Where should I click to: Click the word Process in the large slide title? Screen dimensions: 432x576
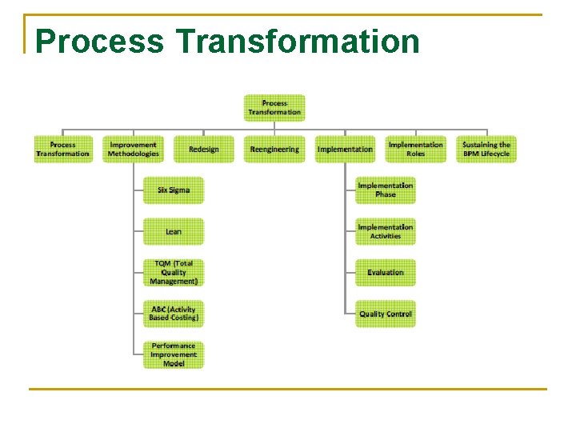point(99,42)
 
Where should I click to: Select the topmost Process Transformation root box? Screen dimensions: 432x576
point(274,108)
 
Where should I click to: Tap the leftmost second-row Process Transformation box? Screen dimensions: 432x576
point(62,150)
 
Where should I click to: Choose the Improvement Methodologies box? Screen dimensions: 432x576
point(134,150)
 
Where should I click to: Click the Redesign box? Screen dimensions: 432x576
point(204,150)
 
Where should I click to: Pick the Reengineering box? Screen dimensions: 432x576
point(274,150)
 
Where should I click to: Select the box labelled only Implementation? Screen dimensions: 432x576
point(345,150)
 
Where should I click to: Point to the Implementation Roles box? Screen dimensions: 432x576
point(415,150)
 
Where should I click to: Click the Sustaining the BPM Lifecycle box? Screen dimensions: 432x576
point(486,150)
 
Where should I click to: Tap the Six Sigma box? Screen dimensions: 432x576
point(174,190)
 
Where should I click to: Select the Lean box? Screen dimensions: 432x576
point(174,232)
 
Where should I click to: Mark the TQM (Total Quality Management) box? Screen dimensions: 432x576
point(174,273)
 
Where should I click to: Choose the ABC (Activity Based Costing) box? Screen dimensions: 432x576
point(174,314)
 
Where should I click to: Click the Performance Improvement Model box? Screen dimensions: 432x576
point(174,355)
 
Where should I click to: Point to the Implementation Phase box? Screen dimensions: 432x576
point(386,190)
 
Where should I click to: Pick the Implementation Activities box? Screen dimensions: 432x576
point(386,232)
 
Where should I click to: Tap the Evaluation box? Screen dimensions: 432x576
point(386,273)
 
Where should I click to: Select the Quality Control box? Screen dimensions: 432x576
point(386,314)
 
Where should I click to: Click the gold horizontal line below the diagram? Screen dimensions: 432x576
point(288,390)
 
